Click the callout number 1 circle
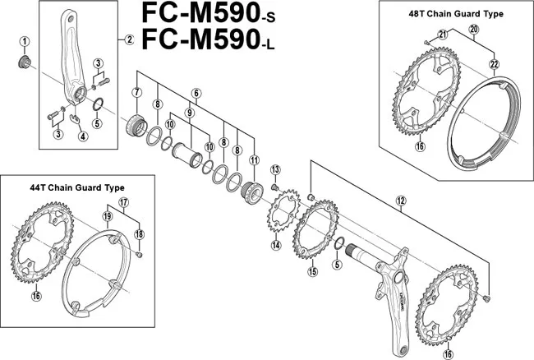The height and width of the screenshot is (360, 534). pyautogui.click(x=25, y=42)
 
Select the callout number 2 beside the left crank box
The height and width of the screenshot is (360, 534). pyautogui.click(x=128, y=39)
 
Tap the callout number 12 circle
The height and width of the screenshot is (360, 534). pyautogui.click(x=401, y=200)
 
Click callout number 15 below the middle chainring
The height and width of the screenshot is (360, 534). pyautogui.click(x=311, y=271)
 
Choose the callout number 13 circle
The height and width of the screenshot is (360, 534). pyautogui.click(x=275, y=169)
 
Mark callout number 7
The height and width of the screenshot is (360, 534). pyautogui.click(x=136, y=92)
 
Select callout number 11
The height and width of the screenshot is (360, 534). pyautogui.click(x=255, y=159)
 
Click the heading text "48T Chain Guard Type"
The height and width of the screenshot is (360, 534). pyautogui.click(x=455, y=14)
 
